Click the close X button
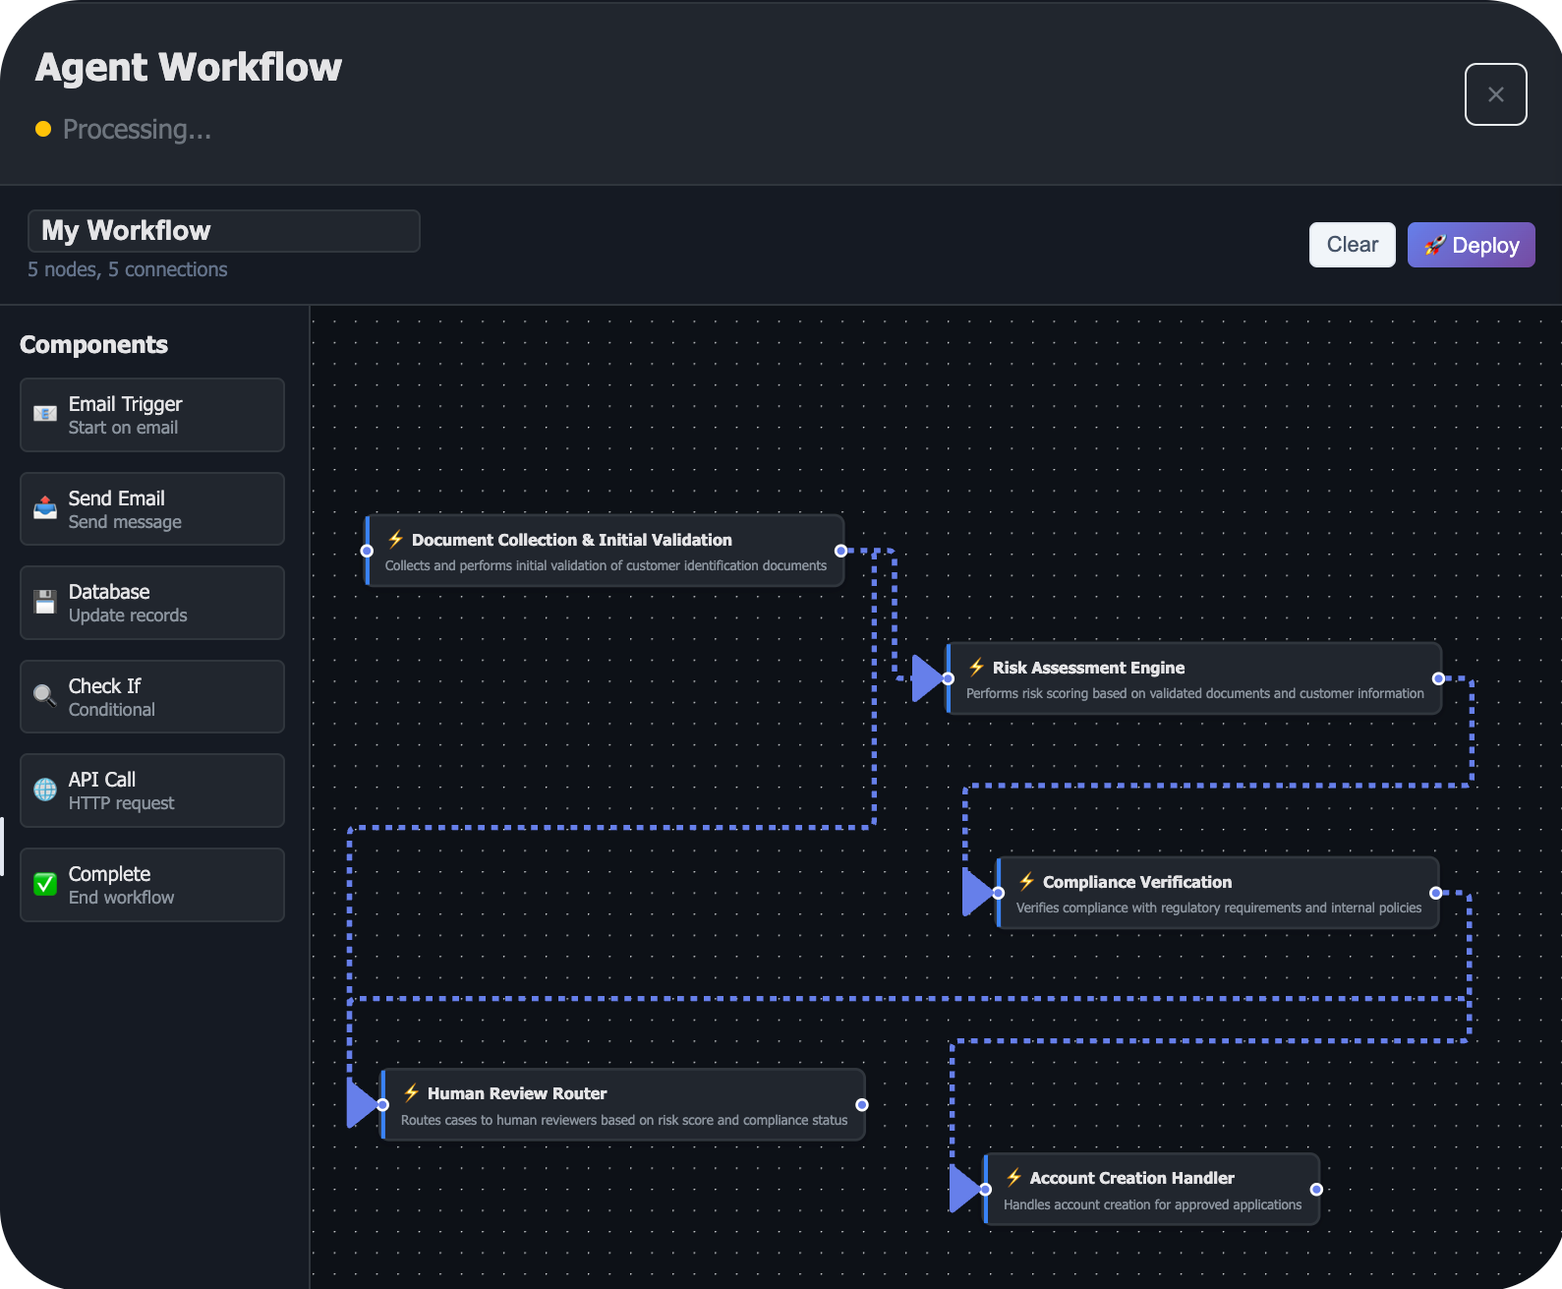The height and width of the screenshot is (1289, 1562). click(x=1495, y=94)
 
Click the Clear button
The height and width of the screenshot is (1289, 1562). click(x=1352, y=245)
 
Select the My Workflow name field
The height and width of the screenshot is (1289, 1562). click(x=224, y=231)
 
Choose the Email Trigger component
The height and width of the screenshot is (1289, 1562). click(x=152, y=415)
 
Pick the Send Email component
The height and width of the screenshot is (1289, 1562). click(x=152, y=509)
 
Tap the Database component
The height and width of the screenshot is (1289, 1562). click(x=152, y=603)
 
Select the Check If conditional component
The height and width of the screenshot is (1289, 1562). click(x=152, y=697)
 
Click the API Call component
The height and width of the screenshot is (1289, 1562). click(x=152, y=791)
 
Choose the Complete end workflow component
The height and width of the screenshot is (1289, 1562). click(x=152, y=885)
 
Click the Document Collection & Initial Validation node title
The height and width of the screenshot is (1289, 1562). click(x=571, y=540)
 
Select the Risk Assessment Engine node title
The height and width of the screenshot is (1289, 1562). click(x=1088, y=668)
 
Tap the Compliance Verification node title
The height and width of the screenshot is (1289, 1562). click(x=1136, y=882)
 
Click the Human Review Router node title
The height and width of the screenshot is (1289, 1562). click(x=517, y=1093)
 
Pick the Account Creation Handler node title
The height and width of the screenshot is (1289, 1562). click(x=1131, y=1178)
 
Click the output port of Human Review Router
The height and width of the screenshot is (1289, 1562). click(x=862, y=1105)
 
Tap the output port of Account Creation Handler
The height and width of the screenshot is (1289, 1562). click(x=1316, y=1190)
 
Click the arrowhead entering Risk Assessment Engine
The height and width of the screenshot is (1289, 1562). click(x=926, y=678)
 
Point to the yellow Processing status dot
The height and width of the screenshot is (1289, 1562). click(x=43, y=129)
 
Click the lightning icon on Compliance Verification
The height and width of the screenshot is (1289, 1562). click(x=1026, y=881)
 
